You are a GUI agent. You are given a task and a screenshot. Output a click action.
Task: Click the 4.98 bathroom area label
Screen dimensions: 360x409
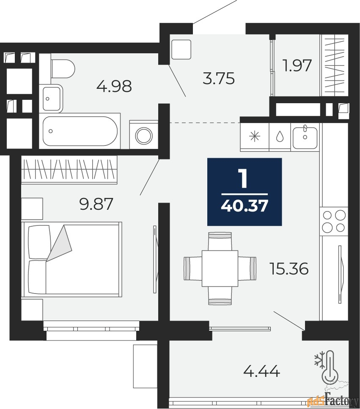click(114, 86)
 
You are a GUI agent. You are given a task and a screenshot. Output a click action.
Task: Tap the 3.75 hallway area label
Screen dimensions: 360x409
click(219, 79)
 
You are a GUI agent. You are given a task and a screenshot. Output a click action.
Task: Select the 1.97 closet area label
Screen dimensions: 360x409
click(297, 66)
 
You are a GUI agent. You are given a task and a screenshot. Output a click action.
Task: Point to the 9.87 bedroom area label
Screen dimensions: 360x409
click(96, 204)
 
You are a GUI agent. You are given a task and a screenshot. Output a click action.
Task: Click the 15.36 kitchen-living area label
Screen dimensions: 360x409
click(289, 269)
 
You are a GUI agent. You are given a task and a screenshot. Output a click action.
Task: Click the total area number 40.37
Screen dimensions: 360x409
click(245, 206)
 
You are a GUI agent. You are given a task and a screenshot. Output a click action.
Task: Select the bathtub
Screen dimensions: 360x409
click(80, 131)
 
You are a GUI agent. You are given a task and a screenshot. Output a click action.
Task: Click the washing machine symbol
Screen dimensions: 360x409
click(144, 135)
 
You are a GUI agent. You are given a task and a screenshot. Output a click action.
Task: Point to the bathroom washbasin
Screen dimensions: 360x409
click(52, 99)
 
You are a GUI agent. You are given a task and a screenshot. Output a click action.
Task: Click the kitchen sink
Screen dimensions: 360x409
click(305, 137)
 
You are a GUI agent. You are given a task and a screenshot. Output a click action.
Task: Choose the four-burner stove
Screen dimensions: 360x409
click(334, 222)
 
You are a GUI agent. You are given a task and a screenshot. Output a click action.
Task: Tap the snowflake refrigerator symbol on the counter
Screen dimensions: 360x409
click(255, 137)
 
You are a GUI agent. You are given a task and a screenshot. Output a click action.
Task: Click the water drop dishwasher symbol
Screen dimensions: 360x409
click(280, 137)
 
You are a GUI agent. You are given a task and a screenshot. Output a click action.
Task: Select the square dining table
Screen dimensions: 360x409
click(220, 268)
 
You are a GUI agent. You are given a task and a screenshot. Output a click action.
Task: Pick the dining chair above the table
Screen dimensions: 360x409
click(220, 242)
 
